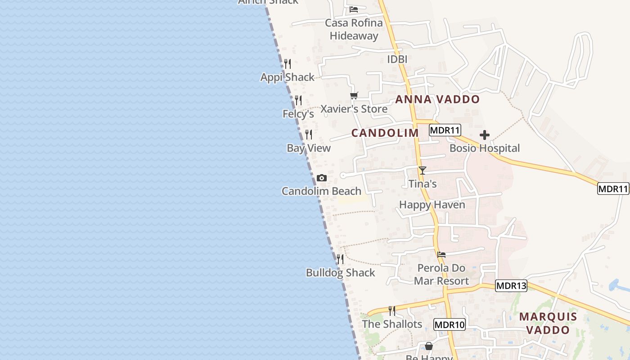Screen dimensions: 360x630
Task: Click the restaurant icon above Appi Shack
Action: [x=288, y=64]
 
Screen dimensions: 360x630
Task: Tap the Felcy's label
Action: [x=298, y=114]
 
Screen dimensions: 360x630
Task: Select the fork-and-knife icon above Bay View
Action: [x=309, y=135]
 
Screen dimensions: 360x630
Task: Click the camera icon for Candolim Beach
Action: [x=321, y=178]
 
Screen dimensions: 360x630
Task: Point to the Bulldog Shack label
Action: [x=340, y=273]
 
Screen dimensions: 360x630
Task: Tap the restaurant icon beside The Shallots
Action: [x=392, y=310]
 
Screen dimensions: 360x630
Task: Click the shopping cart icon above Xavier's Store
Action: [x=354, y=95]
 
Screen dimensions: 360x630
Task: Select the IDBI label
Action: [x=397, y=59]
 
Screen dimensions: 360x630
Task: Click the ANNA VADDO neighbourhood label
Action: [x=437, y=99]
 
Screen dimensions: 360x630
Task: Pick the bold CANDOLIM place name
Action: [x=385, y=133]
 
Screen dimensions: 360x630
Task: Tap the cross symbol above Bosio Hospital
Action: [x=485, y=135]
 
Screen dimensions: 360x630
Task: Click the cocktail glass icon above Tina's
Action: [x=422, y=171]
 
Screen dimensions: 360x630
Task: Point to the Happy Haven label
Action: [x=432, y=205]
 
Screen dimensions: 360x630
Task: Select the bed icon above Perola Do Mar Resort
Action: [x=441, y=255]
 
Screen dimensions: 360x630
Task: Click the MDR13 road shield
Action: [x=511, y=286]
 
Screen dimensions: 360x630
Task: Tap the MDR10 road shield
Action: [x=449, y=324]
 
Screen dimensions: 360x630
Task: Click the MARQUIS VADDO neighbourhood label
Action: [x=548, y=323]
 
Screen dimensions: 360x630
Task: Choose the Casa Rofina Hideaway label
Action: [x=354, y=29]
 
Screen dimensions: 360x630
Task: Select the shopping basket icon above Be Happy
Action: [x=429, y=346]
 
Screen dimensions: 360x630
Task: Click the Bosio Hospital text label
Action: [x=485, y=148]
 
